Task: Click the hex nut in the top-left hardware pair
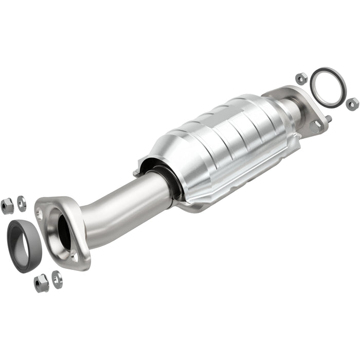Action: [x=7, y=206]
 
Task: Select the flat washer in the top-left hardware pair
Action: [x=22, y=203]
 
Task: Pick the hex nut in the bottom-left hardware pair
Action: [x=41, y=282]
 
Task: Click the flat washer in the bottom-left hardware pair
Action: [x=57, y=279]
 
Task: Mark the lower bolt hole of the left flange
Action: [x=75, y=256]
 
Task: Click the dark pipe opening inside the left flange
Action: [x=64, y=234]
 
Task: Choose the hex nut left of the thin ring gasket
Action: [x=301, y=79]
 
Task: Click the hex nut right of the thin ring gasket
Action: [x=352, y=104]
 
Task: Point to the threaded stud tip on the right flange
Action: [x=329, y=119]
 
